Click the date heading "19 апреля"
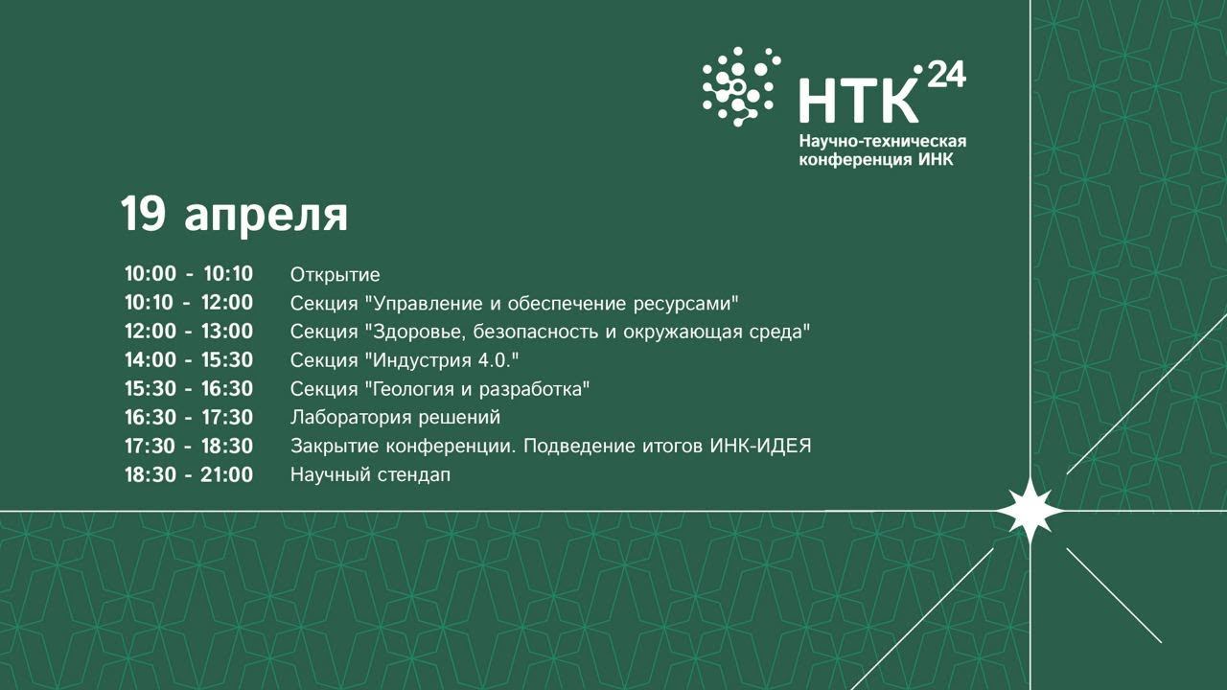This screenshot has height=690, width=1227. [x=234, y=216]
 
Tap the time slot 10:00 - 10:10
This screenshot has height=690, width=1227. [x=189, y=275]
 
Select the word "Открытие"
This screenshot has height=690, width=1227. [x=335, y=276]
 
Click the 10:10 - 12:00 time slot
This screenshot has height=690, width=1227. [x=189, y=304]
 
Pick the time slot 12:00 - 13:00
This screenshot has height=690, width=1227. [x=189, y=332]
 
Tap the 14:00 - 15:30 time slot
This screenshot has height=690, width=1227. [x=189, y=360]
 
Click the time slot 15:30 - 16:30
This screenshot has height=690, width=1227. [x=189, y=389]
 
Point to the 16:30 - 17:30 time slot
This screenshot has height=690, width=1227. [x=189, y=418]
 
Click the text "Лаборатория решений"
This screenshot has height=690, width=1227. [x=395, y=418]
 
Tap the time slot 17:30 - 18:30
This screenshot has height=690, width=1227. [x=189, y=447]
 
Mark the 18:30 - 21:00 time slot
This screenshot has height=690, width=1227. [x=189, y=474]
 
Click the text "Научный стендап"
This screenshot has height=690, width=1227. [x=370, y=474]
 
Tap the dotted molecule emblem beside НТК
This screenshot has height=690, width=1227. [x=740, y=86]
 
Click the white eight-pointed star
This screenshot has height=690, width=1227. [x=1030, y=511]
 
